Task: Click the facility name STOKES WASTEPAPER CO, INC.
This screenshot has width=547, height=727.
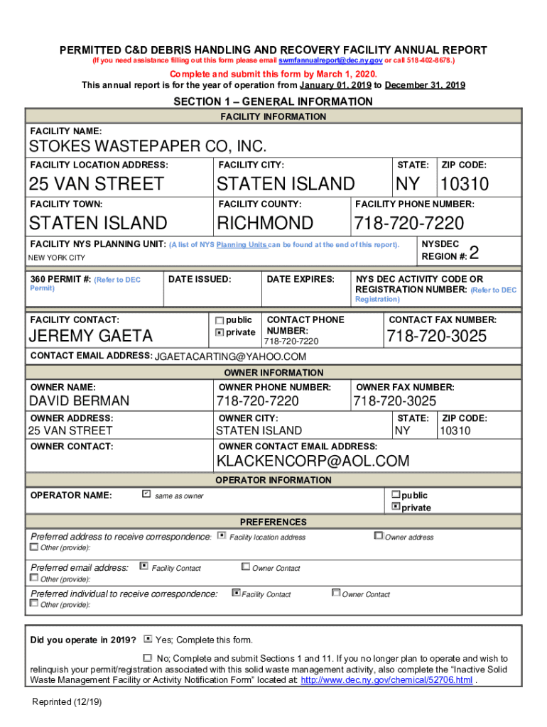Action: point(148,147)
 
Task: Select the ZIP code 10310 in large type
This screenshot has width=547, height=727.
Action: point(464,185)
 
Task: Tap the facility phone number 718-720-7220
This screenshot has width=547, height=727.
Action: point(408,224)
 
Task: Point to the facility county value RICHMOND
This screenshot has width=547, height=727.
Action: point(264,224)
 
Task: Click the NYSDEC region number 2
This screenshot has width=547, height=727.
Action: point(475,253)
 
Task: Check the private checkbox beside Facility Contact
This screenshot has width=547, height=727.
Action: point(220,332)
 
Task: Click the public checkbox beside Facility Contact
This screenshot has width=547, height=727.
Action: point(220,320)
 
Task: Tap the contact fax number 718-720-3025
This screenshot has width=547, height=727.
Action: point(437,336)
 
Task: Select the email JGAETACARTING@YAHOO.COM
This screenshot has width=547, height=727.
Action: point(230,356)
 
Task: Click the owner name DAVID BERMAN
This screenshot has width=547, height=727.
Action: point(79,402)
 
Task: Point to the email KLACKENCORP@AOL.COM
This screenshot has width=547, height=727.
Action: point(313,461)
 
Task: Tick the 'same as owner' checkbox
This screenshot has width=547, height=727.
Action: point(146,493)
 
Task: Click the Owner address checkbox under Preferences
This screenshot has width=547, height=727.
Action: point(379,536)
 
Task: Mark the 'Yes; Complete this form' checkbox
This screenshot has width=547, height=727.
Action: point(148,639)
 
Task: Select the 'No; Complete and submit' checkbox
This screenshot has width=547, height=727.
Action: point(148,658)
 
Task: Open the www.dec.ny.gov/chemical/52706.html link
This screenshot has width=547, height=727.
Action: point(386,680)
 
